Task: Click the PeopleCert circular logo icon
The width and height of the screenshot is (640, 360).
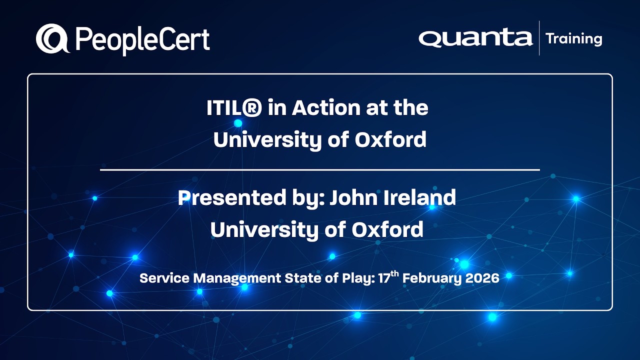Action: point(52,39)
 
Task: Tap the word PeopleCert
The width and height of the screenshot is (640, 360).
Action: point(142,40)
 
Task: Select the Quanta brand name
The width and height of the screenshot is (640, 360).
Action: point(475,38)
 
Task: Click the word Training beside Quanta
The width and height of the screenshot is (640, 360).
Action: point(574,38)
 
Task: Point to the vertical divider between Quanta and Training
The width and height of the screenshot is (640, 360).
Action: point(539,38)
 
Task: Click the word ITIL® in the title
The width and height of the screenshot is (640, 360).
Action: point(233,108)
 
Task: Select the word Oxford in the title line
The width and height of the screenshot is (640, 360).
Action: point(390,139)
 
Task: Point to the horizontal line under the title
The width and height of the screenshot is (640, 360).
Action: point(320,170)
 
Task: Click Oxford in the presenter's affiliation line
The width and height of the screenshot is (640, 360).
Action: point(387,229)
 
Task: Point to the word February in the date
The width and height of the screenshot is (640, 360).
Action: point(431,278)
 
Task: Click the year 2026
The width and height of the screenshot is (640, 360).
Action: point(482,278)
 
